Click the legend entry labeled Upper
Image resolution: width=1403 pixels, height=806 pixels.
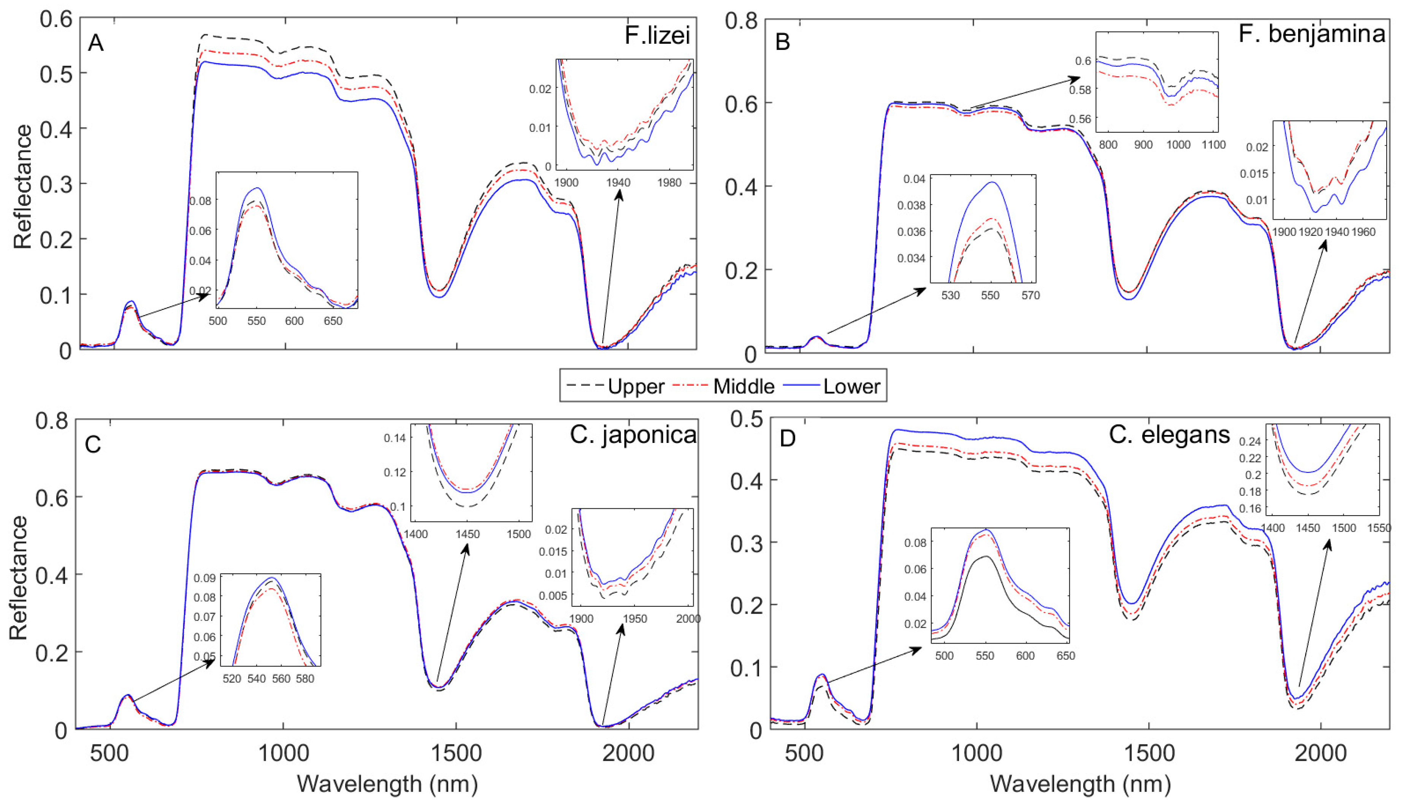tap(636, 386)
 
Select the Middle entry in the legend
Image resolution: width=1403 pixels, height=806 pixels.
tap(743, 386)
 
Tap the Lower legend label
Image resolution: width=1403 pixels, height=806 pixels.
tap(851, 386)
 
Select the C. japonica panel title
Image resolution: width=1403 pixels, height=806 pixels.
tap(633, 435)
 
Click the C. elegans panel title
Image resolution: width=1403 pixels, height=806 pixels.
tap(1169, 435)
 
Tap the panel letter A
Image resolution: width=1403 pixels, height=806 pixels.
tap(96, 43)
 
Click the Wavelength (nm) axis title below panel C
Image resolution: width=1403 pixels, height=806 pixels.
tap(387, 784)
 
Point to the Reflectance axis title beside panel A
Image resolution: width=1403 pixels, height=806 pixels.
tap(23, 187)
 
